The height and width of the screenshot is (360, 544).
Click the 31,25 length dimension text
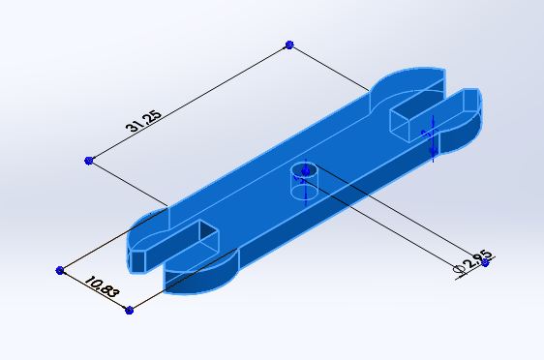tap(143, 121)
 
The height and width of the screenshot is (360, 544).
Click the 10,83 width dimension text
tap(102, 286)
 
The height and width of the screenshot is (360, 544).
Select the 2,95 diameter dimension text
tap(479, 259)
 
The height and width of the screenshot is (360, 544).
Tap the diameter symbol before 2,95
tap(459, 269)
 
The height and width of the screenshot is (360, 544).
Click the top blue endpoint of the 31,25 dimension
tap(289, 45)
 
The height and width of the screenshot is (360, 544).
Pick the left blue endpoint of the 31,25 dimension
tap(89, 161)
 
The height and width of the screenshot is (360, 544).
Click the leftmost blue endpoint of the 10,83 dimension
tap(60, 270)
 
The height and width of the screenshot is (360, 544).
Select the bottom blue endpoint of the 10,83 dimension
tap(129, 310)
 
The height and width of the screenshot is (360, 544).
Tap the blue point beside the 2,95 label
tap(485, 263)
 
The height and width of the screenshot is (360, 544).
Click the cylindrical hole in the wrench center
tap(304, 181)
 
